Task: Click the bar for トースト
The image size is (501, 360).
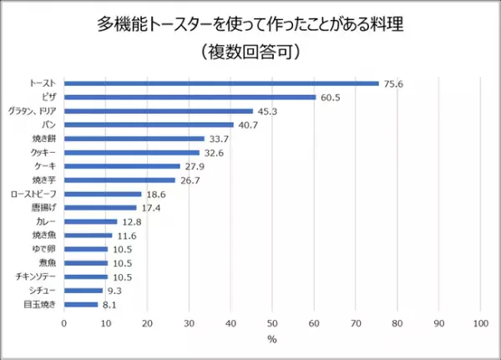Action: (x=221, y=84)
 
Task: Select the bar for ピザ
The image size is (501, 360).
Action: (x=190, y=97)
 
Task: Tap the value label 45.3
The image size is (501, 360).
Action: (x=267, y=111)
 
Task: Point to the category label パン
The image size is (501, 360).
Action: (x=49, y=125)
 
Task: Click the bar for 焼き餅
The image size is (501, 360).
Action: (x=134, y=139)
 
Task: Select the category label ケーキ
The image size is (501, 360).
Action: (x=46, y=166)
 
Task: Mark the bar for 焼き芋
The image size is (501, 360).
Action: (x=119, y=180)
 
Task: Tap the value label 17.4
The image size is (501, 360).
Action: (x=151, y=207)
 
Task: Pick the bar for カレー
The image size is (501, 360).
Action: (x=91, y=221)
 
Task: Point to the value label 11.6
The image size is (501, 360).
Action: (x=127, y=236)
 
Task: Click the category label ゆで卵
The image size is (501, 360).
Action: (x=46, y=249)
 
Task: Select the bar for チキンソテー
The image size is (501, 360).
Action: (x=86, y=276)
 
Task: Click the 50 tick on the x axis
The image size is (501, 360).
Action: (x=272, y=322)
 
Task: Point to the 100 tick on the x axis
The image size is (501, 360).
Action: (x=479, y=322)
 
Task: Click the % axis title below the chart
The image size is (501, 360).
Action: (x=272, y=340)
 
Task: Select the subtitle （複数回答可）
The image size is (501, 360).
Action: (x=250, y=51)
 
